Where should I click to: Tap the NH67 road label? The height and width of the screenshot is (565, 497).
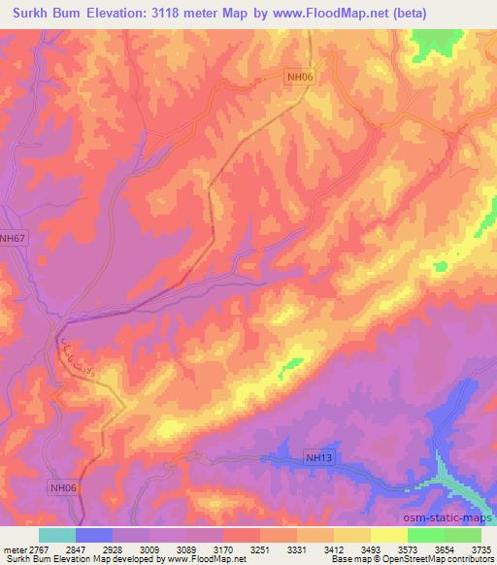[13, 237]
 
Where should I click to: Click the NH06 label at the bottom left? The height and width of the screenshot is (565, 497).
[61, 488]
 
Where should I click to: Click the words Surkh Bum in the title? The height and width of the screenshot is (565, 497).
[44, 13]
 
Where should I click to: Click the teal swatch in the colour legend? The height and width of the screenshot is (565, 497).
[57, 535]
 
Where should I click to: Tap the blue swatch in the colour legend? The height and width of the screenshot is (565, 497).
[94, 535]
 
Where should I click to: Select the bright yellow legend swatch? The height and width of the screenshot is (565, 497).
[388, 535]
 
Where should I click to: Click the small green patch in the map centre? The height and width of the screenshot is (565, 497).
[289, 367]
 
